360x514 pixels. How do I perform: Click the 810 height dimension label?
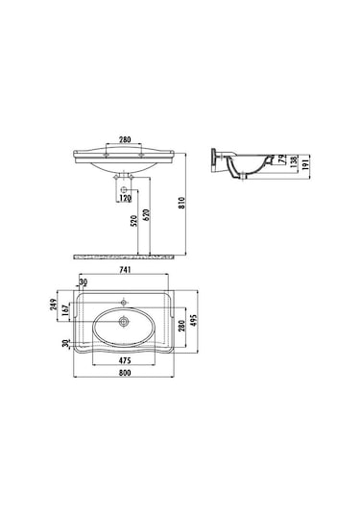click(182, 203)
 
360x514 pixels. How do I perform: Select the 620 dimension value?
click(147, 214)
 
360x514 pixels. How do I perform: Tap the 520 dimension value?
click(134, 221)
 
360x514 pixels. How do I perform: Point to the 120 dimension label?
click(125, 198)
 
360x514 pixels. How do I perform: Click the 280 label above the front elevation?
click(125, 139)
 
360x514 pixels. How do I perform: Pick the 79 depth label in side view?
click(281, 159)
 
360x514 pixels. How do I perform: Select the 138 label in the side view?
click(294, 160)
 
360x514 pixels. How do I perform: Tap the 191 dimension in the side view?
click(305, 163)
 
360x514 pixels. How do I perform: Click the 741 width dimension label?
click(125, 269)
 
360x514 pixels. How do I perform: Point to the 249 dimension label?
click(54, 306)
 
